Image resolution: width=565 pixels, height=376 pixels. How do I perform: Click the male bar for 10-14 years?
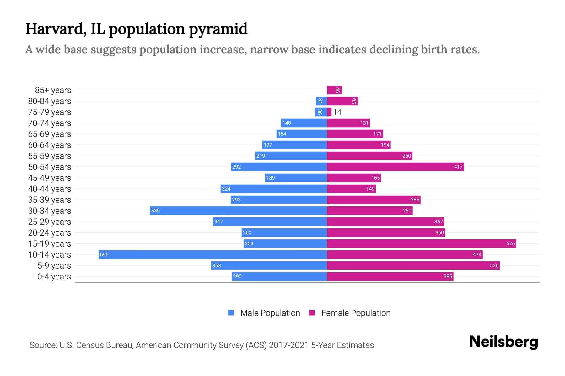coord(213,254)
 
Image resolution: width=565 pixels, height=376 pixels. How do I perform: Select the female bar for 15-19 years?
coord(421,243)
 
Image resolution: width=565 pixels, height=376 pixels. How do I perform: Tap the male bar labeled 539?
coord(238,211)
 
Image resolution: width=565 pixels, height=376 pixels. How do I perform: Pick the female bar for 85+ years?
coord(334,90)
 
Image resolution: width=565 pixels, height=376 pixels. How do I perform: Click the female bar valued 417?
coord(395,167)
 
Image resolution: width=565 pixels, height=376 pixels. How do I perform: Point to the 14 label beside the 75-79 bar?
coord(337,112)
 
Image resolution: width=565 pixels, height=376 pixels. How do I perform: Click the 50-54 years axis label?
coord(50,167)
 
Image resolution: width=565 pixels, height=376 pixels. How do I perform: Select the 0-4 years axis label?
coord(54,277)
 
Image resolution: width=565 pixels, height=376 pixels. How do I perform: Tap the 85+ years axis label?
coord(53,90)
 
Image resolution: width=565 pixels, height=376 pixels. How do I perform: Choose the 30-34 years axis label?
coord(50,211)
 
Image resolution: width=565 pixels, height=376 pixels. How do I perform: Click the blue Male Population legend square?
coord(231,313)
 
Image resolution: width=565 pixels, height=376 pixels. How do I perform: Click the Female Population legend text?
coord(356,313)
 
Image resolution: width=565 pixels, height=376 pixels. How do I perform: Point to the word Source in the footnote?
coord(43,345)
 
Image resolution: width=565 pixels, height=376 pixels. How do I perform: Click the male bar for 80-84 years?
coord(321,101)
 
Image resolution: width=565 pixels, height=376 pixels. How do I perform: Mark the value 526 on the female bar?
coord(494,265)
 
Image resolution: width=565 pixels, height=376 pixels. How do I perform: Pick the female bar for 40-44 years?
coord(351,189)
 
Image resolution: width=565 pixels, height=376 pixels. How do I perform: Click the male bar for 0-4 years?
coord(279,276)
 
